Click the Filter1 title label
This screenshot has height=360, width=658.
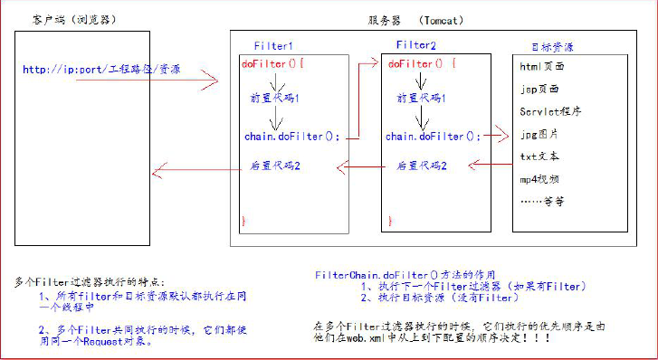tap(273, 45)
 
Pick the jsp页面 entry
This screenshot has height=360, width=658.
tap(540, 90)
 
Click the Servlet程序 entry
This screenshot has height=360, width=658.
tap(551, 112)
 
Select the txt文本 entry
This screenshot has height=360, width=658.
tap(540, 156)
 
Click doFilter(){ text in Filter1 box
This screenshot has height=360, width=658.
tap(274, 64)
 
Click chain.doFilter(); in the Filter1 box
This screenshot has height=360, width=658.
tap(291, 137)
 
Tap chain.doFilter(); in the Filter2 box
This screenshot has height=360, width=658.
tap(433, 137)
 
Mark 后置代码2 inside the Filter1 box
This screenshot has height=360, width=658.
tap(276, 167)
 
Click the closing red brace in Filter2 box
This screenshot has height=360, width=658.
tap(390, 220)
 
